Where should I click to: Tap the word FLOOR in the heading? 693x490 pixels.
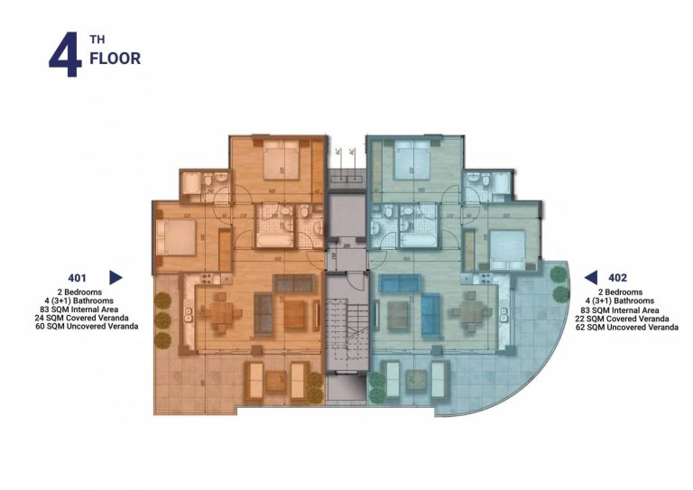[x=115, y=60]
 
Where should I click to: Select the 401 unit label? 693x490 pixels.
[x=77, y=278]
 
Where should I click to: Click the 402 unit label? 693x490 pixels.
[x=617, y=278]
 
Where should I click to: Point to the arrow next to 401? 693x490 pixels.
[x=115, y=278]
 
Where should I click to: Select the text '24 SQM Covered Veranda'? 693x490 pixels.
[x=77, y=318]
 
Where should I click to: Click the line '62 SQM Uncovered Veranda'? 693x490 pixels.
[x=626, y=327]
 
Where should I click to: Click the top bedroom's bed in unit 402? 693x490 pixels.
[x=411, y=162]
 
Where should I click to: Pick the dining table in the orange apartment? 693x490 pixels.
[x=219, y=316]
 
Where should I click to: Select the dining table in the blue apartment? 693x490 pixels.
[x=470, y=316]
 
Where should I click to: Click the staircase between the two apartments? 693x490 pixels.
[x=346, y=334]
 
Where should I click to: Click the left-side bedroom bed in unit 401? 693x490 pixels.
[x=176, y=239]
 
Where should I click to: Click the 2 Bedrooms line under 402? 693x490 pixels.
[x=617, y=292]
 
